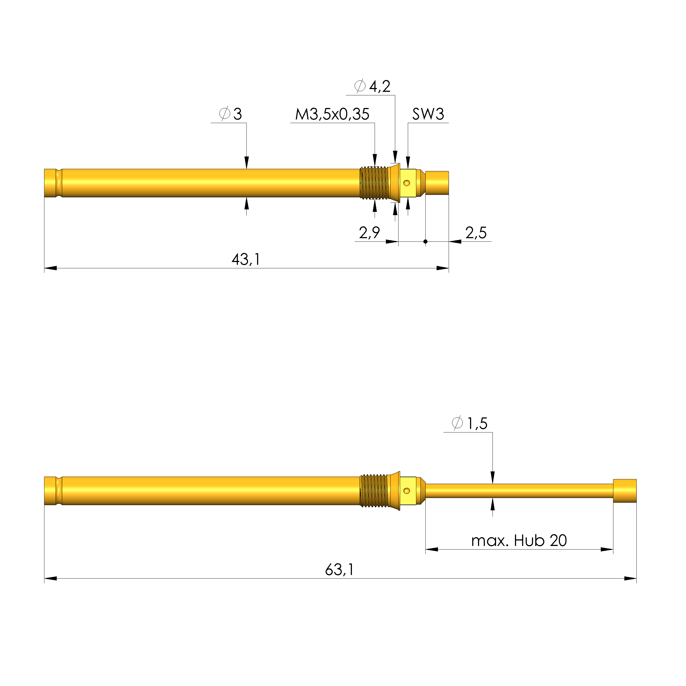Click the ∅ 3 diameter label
(231, 114)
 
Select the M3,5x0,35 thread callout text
(332, 114)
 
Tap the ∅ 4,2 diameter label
(372, 86)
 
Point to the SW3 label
(428, 114)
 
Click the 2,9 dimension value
(369, 233)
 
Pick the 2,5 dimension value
(476, 233)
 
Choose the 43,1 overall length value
(246, 260)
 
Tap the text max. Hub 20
(519, 541)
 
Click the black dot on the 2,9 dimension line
(425, 242)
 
